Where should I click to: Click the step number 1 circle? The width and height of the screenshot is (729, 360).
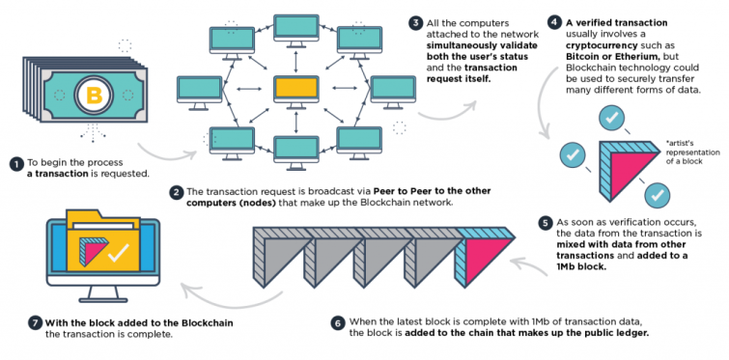click(x=14, y=164)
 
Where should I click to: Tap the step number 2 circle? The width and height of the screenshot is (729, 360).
click(x=176, y=192)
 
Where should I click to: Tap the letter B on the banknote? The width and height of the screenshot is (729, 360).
click(x=95, y=96)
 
